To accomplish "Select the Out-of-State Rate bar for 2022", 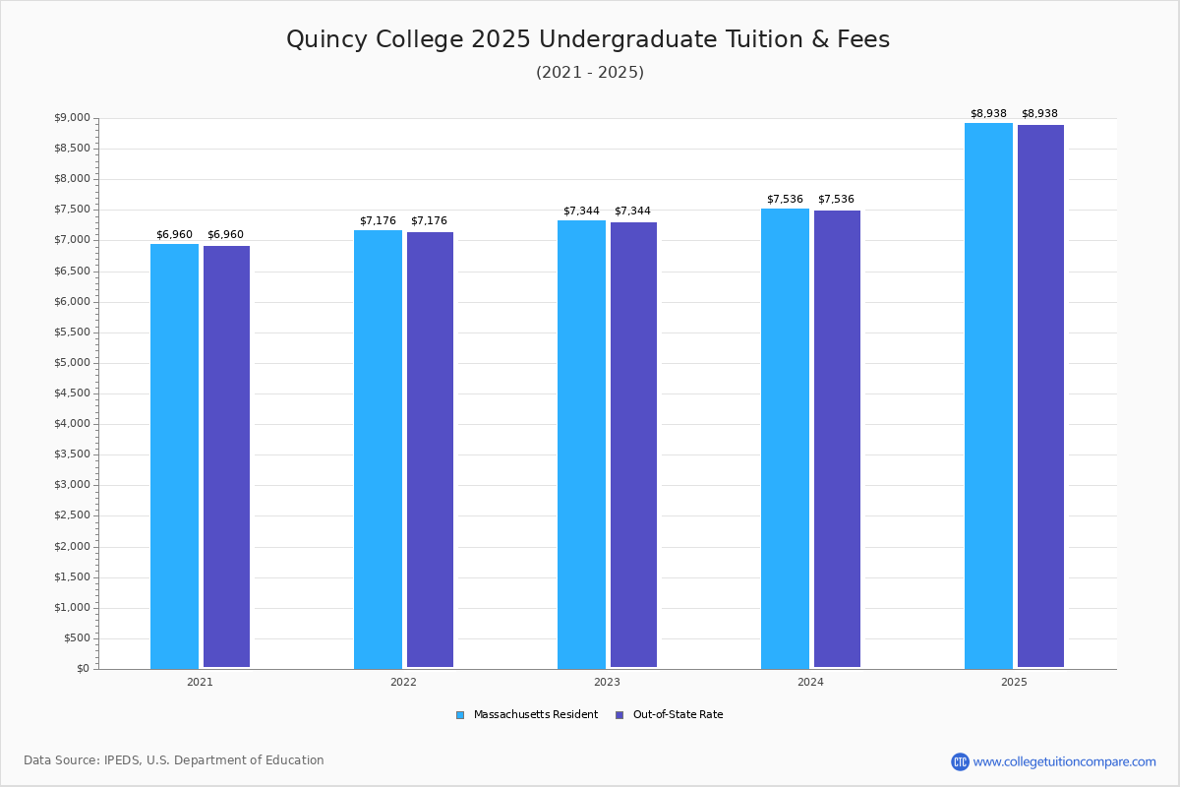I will (x=430, y=450).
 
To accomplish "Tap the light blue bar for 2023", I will (x=581, y=444).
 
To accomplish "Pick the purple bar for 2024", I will (x=837, y=439).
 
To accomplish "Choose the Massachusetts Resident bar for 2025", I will (x=988, y=395).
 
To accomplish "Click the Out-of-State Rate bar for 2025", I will (x=1040, y=396).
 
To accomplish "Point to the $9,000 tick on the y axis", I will (x=72, y=118).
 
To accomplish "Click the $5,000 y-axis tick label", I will (x=72, y=363).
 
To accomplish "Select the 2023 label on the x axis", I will (x=607, y=682).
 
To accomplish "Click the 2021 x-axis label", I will (x=200, y=682).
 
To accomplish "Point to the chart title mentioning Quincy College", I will (x=588, y=39).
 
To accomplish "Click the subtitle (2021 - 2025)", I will (x=590, y=73).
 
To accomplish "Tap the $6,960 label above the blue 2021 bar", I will (x=174, y=235).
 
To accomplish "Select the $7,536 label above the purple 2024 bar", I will (x=836, y=200).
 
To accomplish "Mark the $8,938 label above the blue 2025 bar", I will (x=988, y=114).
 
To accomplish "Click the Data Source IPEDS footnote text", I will (x=174, y=760).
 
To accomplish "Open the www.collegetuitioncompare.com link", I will (x=1064, y=761).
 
